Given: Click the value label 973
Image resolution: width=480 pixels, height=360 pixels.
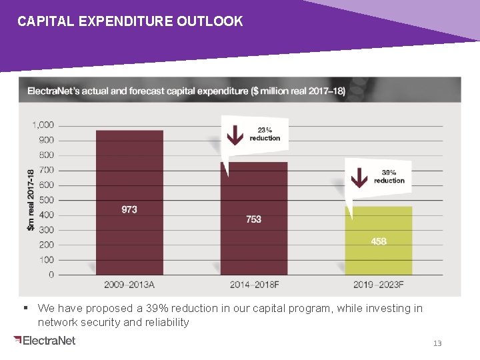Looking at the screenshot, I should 129,209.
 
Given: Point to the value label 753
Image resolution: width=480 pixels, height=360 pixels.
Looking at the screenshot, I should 254,219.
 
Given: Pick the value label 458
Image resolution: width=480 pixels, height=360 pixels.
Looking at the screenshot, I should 378,241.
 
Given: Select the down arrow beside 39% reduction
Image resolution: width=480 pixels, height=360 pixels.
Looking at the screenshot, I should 359,177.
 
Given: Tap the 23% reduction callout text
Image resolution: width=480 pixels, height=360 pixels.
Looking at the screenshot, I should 265,134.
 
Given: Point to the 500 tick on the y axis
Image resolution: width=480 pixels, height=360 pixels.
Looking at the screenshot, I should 46,200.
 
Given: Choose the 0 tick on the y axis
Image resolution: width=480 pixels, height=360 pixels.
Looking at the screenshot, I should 51,275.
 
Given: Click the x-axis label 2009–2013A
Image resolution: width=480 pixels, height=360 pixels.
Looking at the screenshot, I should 129,285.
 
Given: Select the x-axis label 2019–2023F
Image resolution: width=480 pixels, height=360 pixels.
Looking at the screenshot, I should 378,285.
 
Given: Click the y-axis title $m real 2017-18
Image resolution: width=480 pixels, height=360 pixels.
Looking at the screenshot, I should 31,200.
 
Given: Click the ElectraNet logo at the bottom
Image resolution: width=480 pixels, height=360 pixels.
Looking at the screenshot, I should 44,341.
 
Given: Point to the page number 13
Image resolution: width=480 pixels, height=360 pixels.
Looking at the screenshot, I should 437,343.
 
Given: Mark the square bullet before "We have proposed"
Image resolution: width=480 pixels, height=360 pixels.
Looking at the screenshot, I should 25,308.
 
